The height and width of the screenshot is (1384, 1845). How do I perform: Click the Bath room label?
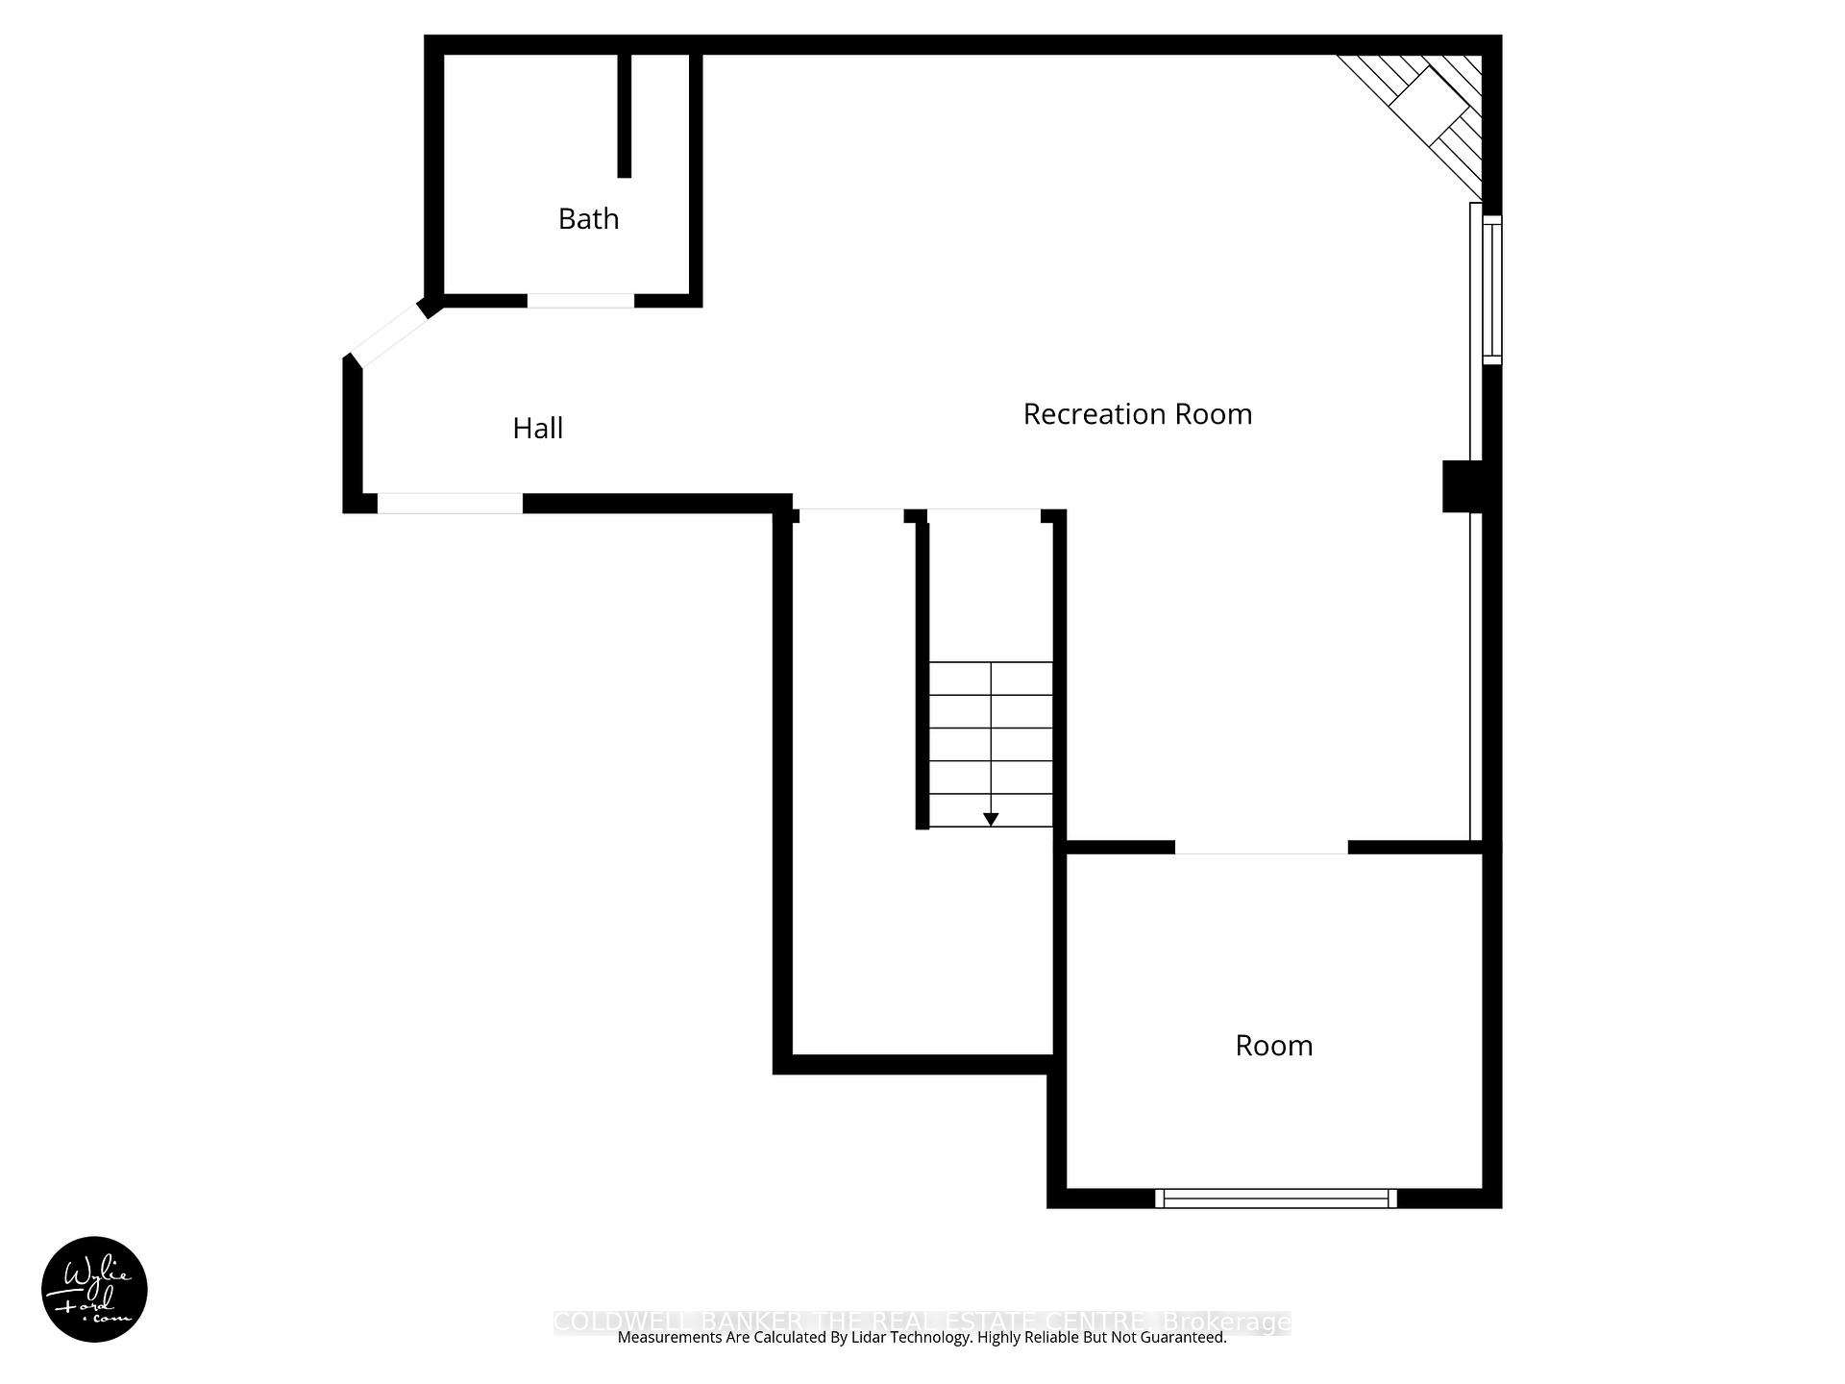[588, 219]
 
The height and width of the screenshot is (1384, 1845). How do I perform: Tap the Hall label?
[537, 429]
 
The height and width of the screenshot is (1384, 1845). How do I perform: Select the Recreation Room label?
[1137, 414]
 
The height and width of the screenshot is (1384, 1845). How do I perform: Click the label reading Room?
[1273, 1046]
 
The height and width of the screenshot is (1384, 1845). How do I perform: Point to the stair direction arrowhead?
[991, 820]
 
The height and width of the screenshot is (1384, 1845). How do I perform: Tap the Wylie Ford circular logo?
[94, 1289]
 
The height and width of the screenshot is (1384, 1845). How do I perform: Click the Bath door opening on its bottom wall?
[580, 301]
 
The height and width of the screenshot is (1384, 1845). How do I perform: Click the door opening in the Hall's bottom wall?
[450, 504]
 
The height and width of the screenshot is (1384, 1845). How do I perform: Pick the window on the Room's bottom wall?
[1275, 1199]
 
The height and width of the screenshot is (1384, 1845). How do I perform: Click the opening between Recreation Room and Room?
[1261, 847]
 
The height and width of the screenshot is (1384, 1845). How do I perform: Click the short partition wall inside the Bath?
[624, 115]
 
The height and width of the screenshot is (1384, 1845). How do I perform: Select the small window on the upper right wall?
[1491, 289]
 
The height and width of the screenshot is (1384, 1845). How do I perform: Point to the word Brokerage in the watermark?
[1226, 1322]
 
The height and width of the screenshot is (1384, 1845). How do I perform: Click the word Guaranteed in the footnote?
[1182, 1338]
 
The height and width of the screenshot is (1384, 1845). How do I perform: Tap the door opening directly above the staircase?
[984, 515]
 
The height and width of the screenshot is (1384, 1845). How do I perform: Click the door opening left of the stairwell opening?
[851, 515]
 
